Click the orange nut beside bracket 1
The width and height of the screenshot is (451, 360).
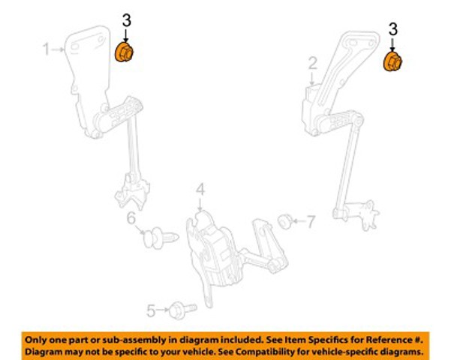click(x=124, y=52)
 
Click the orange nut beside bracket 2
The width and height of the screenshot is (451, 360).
click(x=393, y=61)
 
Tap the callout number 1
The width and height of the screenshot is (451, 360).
click(x=47, y=49)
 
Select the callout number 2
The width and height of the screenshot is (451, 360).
click(x=313, y=63)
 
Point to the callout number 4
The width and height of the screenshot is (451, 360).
click(x=201, y=190)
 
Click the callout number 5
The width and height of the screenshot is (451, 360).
click(x=152, y=310)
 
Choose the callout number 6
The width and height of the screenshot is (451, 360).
click(x=131, y=218)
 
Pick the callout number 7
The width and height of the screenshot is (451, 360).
click(x=311, y=222)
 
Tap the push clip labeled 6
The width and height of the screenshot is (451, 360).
click(x=161, y=238)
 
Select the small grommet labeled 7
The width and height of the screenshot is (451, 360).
click(x=285, y=221)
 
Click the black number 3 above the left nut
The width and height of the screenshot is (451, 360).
click(x=127, y=21)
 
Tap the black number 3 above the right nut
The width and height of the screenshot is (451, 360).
click(x=393, y=29)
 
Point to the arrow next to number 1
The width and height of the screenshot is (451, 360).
click(x=58, y=49)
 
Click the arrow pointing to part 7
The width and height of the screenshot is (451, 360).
click(x=299, y=221)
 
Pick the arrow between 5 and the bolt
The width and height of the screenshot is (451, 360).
click(x=163, y=310)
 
